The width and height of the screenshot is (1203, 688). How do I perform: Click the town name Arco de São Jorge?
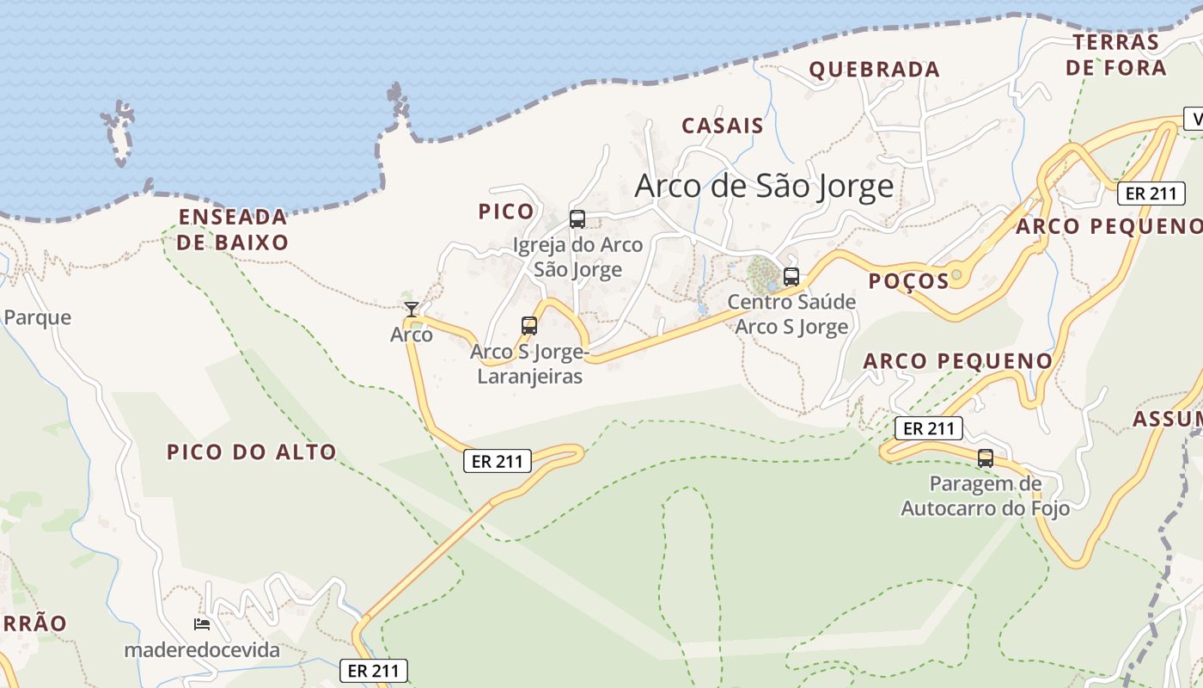[x=764, y=187]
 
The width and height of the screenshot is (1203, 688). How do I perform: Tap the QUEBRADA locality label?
[x=875, y=70]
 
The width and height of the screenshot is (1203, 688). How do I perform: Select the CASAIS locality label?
[x=723, y=126]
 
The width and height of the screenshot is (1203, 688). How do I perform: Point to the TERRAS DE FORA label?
[x=1116, y=55]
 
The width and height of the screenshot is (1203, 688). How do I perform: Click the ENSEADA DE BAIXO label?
[x=233, y=230]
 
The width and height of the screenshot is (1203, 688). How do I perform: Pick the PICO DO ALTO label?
[x=252, y=452]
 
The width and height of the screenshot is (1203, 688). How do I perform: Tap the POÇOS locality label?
[x=908, y=281]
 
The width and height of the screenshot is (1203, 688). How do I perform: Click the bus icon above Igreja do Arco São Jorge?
[x=577, y=219]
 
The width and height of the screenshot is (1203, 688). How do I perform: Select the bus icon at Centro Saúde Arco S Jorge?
[x=791, y=277]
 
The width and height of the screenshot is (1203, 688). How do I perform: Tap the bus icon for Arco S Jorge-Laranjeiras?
[x=529, y=326]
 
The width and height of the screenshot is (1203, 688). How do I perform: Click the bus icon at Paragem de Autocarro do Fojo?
[x=986, y=458]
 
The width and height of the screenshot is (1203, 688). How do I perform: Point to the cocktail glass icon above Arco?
[x=412, y=310]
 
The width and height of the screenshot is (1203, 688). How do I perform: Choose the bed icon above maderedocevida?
[x=202, y=624]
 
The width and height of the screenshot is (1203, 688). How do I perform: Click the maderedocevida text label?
[x=202, y=650]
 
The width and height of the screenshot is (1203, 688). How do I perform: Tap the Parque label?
[x=37, y=318]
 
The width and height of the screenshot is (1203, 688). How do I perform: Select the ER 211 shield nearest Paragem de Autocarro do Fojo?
[x=929, y=428]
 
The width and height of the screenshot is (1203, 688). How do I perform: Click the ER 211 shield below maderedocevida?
[x=374, y=671]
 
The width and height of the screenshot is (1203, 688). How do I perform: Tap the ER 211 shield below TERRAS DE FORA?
[x=1151, y=193]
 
